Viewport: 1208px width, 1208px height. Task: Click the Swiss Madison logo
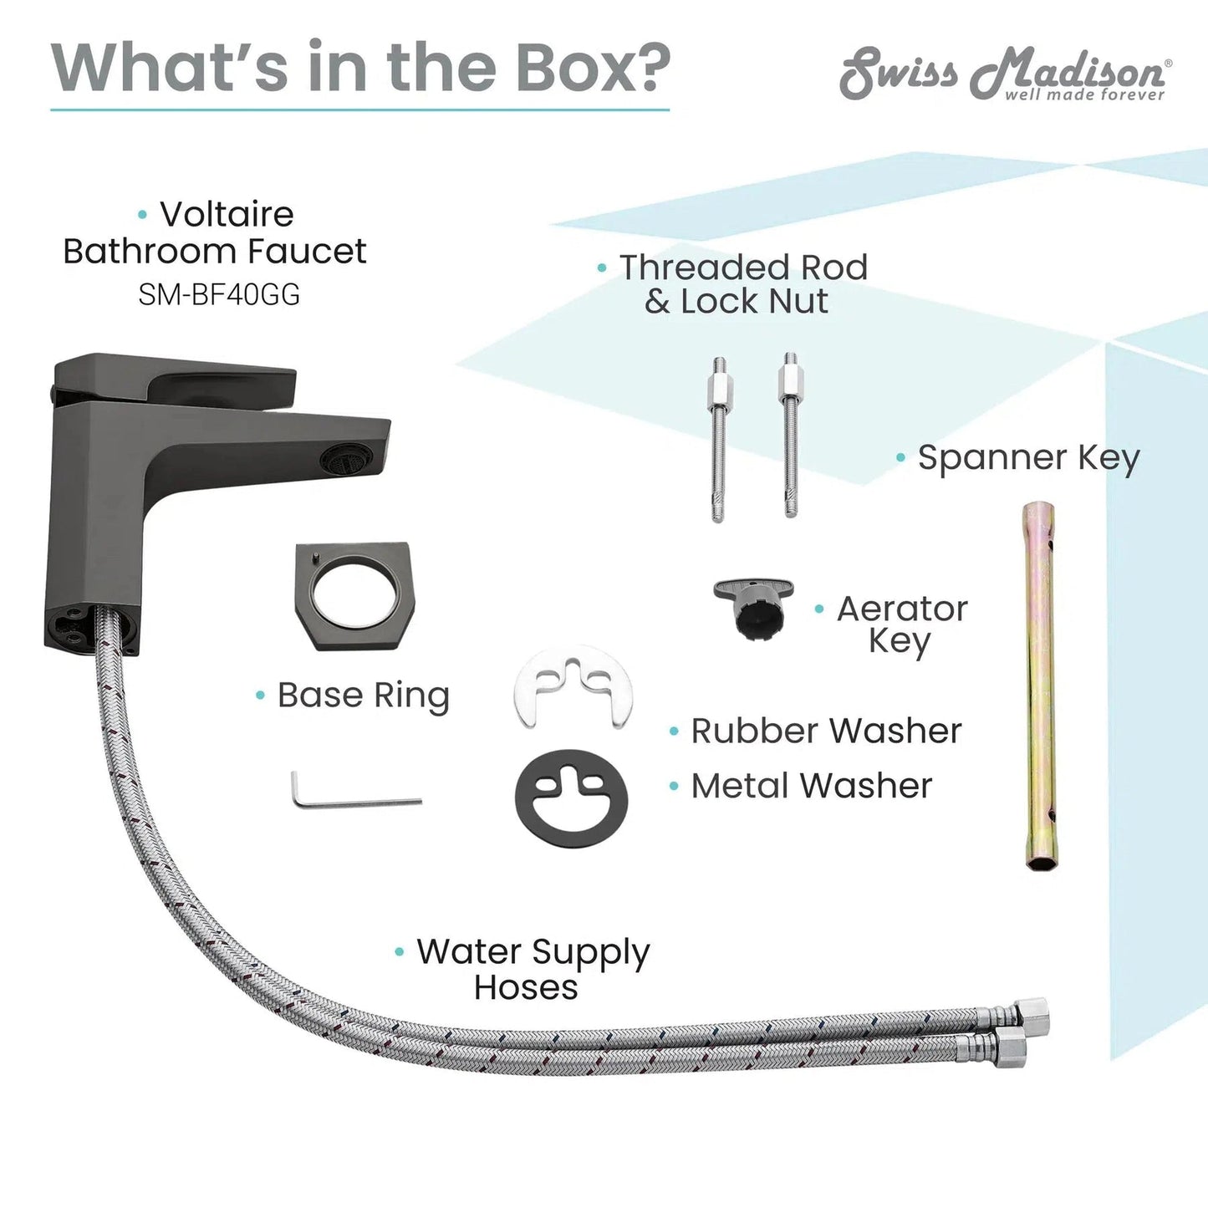tap(1005, 74)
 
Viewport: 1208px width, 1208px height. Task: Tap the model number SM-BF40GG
tap(219, 294)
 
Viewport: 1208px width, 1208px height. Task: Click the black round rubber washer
tap(571, 798)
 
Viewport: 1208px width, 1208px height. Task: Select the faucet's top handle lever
tap(174, 380)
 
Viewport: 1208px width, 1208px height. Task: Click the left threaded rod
tap(719, 438)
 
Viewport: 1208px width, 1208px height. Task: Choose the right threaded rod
tap(791, 436)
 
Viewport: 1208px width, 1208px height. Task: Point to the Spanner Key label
tap(1029, 457)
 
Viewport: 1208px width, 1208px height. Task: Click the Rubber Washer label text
tap(826, 731)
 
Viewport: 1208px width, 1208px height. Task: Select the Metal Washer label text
tap(811, 786)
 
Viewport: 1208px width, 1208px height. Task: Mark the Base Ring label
tap(364, 696)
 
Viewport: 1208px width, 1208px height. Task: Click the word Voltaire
tap(227, 214)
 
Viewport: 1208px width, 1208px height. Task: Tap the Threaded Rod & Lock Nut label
tap(743, 284)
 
